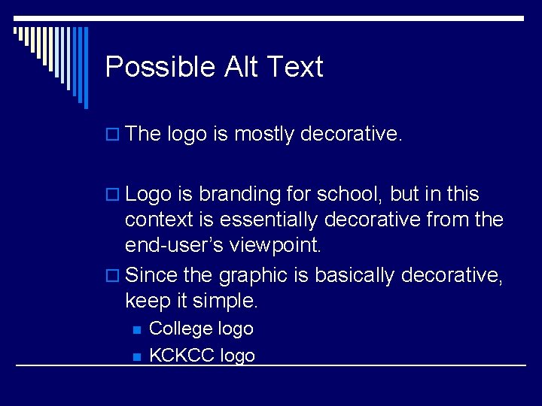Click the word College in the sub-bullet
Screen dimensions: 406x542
pyautogui.click(x=181, y=329)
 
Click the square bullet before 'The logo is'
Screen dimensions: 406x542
pyautogui.click(x=112, y=135)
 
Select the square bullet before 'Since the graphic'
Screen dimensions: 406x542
pyautogui.click(x=112, y=277)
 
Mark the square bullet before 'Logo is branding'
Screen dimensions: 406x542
pyautogui.click(x=112, y=195)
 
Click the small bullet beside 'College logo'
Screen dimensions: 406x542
pyautogui.click(x=136, y=329)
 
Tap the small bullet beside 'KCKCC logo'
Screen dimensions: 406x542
pyautogui.click(x=136, y=356)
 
